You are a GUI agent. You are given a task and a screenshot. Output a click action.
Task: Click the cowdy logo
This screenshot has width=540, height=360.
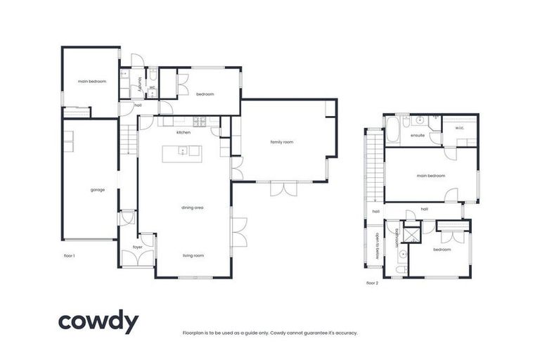pyautogui.click(x=98, y=322)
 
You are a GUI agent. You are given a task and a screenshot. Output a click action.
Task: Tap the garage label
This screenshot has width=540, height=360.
pyautogui.click(x=97, y=189)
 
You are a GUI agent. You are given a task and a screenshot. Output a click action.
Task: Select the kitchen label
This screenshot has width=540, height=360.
pyautogui.click(x=184, y=132)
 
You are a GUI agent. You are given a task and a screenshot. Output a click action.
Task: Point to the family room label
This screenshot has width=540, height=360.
pyautogui.click(x=281, y=142)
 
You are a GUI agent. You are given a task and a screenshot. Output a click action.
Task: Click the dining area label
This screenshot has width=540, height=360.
pyautogui.click(x=193, y=207)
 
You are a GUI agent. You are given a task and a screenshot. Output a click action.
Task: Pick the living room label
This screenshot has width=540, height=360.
pyautogui.click(x=193, y=255)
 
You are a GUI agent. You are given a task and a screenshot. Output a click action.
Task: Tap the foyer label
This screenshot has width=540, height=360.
pyautogui.click(x=138, y=247)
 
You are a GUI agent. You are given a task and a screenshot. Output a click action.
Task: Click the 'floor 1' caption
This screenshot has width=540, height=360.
pyautogui.click(x=69, y=255)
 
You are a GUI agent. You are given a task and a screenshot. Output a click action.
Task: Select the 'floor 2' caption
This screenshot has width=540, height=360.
pyautogui.click(x=373, y=283)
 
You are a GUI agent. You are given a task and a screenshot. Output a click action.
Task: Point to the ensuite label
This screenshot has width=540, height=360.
pyautogui.click(x=417, y=136)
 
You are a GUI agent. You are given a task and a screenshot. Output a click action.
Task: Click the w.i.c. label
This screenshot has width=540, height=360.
pyautogui.click(x=459, y=128)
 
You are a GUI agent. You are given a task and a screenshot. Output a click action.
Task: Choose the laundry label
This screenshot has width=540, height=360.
pyautogui.click(x=141, y=84)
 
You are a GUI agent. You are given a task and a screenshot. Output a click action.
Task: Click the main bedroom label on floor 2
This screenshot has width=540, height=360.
pyautogui.click(x=430, y=175)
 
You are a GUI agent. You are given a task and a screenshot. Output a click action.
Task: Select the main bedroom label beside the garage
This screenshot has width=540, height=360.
pyautogui.click(x=92, y=82)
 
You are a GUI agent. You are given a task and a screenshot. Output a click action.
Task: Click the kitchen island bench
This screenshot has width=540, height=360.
pyautogui.click(x=182, y=153)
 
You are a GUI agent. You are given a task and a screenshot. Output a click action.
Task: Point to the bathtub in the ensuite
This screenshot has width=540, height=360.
pyautogui.click(x=392, y=131)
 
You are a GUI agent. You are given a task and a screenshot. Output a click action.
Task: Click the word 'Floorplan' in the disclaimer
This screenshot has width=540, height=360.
pyautogui.click(x=193, y=333)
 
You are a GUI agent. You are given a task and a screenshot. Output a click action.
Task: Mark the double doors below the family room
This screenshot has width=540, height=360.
pyautogui.click(x=283, y=188)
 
